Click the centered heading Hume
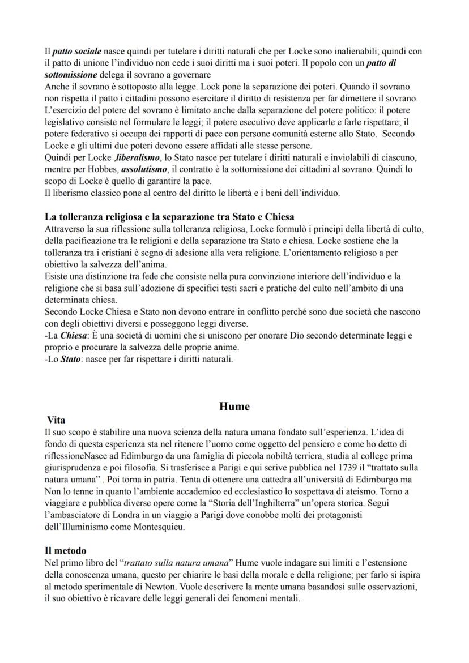pyautogui.click(x=234, y=407)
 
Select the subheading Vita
pyautogui.click(x=56, y=420)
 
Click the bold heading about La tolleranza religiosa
pyautogui.click(x=169, y=216)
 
